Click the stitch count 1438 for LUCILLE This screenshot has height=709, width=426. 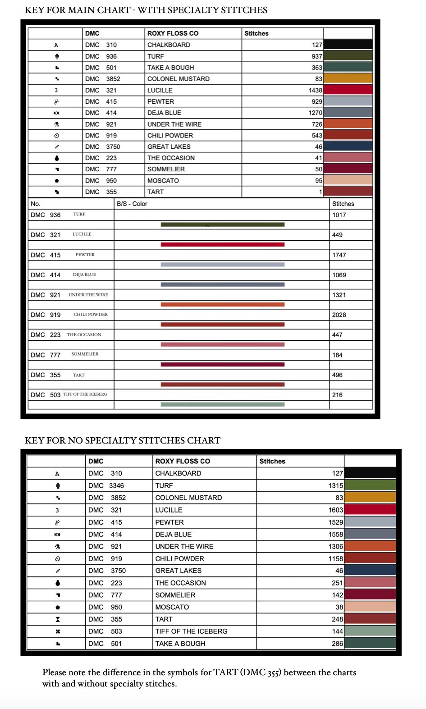(315, 90)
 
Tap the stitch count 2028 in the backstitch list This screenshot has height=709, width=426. (339, 315)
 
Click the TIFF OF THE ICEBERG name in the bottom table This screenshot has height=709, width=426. (191, 631)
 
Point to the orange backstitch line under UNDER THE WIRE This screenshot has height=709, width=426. (223, 305)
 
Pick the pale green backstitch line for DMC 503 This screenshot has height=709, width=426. (223, 404)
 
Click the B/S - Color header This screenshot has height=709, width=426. (132, 204)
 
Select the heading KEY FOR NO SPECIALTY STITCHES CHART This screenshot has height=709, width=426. (123, 440)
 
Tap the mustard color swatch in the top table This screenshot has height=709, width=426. (348, 78)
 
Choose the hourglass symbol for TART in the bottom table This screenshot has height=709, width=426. (58, 619)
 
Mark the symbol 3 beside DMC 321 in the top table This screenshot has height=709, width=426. (56, 90)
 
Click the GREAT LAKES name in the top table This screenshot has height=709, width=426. (169, 146)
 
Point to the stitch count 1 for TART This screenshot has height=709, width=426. (321, 192)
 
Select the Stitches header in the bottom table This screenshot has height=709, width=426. (272, 461)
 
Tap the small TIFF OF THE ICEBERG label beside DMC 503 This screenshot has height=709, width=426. (85, 394)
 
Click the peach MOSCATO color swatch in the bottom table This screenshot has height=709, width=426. (370, 607)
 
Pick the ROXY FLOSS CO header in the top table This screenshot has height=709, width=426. (173, 33)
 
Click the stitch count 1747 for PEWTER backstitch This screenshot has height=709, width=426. (339, 255)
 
